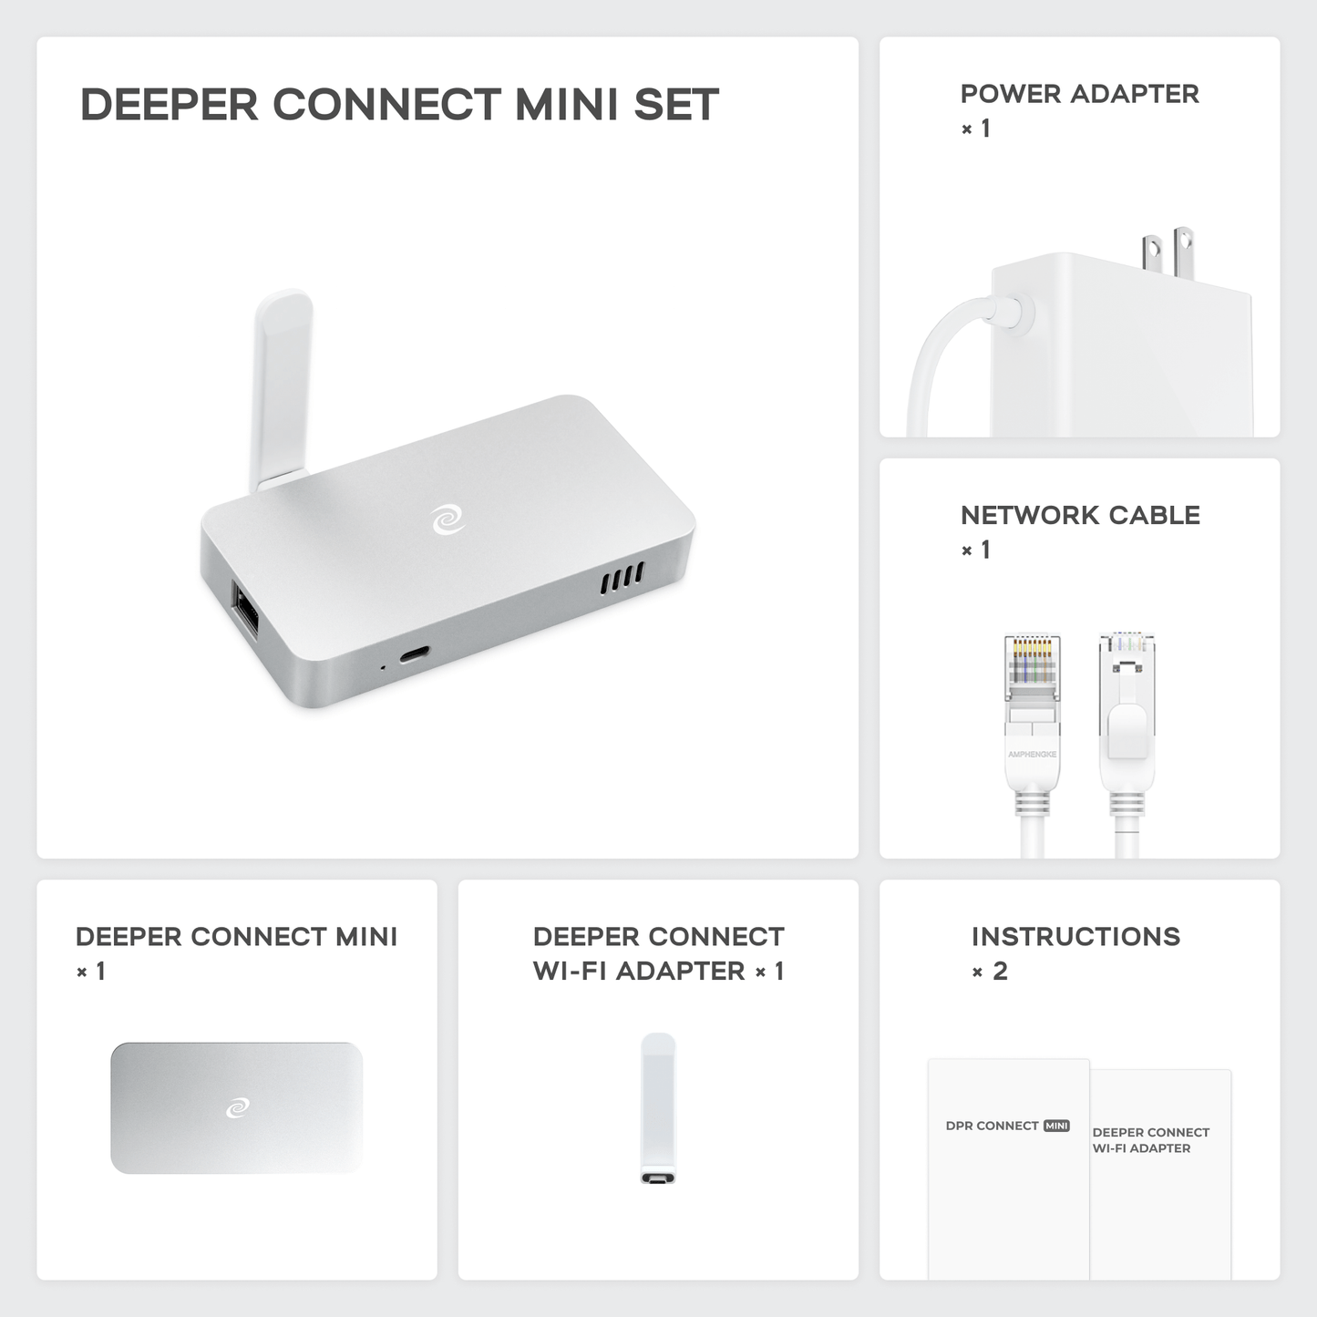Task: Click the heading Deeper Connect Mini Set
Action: coord(399,105)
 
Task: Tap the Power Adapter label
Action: coord(1079,94)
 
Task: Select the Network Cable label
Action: coord(1080,516)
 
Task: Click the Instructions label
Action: coord(1075,937)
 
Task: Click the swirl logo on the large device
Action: coord(448,520)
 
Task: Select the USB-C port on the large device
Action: coord(415,654)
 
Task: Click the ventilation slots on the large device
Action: coord(622,578)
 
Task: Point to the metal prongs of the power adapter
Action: coord(1168,253)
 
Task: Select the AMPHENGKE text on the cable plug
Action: coord(1032,755)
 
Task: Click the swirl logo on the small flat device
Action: coord(237,1107)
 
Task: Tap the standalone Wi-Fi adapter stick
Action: coord(658,1107)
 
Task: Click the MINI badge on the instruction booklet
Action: coord(1056,1126)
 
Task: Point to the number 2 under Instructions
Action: coord(1000,972)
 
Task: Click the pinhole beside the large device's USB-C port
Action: coord(383,668)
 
